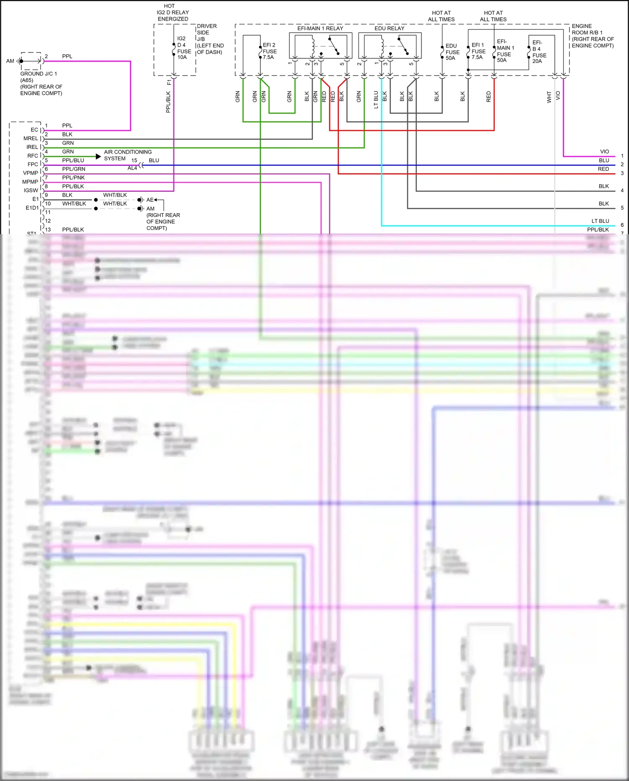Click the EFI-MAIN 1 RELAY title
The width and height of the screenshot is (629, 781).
click(x=320, y=29)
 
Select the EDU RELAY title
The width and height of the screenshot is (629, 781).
click(x=389, y=29)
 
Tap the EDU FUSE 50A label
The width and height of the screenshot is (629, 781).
click(x=452, y=52)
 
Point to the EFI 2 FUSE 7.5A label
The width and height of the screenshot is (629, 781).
click(x=269, y=51)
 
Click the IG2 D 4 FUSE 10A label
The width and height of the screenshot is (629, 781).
click(x=184, y=48)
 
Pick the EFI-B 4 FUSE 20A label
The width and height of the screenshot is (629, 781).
click(x=539, y=52)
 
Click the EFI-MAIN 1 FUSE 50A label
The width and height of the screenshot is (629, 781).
click(x=505, y=51)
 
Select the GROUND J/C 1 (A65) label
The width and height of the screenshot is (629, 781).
click(x=39, y=77)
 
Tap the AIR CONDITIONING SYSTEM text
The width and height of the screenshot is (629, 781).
click(x=127, y=155)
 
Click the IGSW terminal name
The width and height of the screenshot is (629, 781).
click(x=31, y=191)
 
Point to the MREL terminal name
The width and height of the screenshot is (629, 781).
click(x=31, y=138)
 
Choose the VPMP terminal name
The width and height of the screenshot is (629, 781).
click(x=30, y=173)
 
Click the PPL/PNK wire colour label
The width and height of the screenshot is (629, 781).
click(x=73, y=178)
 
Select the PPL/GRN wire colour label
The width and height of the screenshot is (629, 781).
click(x=73, y=169)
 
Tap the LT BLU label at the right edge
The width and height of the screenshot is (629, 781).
click(x=600, y=221)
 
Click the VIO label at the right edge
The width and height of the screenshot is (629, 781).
click(x=604, y=152)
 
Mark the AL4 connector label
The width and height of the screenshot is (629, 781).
click(x=132, y=168)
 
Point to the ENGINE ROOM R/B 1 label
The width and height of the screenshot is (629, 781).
click(x=592, y=36)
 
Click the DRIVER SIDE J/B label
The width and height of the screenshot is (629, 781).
click(x=210, y=39)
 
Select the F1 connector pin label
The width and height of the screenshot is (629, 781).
click(x=169, y=82)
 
